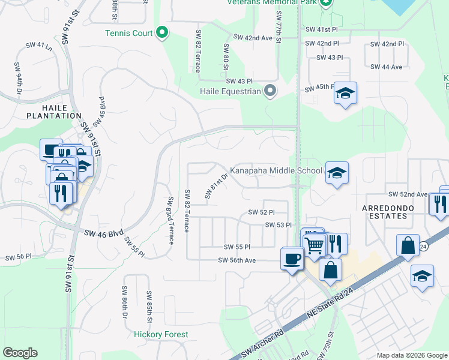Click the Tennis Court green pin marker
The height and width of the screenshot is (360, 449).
[x=161, y=33]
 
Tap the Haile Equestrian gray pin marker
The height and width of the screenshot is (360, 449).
[x=270, y=92]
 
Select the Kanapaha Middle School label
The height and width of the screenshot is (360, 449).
[x=277, y=171]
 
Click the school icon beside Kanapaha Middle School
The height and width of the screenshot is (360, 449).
[x=337, y=173]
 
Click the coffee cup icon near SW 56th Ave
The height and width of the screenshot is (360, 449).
[x=292, y=259]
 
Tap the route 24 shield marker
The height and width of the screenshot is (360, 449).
[x=423, y=246]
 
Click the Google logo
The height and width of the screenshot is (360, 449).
[x=20, y=352]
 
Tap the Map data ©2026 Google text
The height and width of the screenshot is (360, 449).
[x=411, y=355]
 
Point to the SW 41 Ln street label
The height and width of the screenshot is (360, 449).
[x=37, y=45]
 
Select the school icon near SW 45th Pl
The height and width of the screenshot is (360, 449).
[x=345, y=93]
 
